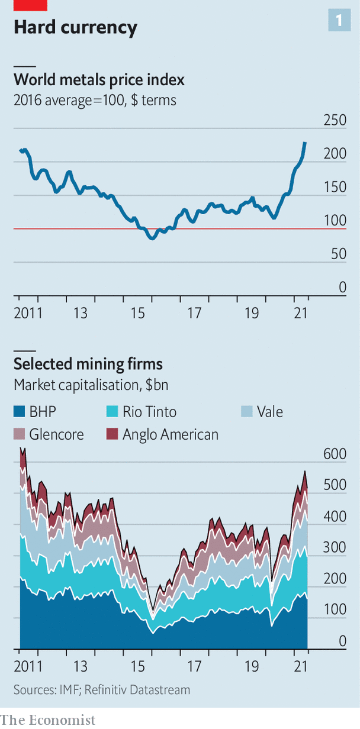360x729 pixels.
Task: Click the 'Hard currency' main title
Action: (75, 27)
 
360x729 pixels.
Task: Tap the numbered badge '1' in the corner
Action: (339, 21)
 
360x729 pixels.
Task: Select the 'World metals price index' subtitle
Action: (99, 80)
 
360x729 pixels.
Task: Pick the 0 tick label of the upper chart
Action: (342, 288)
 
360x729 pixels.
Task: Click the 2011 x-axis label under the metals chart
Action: (28, 312)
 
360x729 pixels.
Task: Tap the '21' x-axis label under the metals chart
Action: (300, 312)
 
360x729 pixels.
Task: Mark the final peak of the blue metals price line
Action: (305, 143)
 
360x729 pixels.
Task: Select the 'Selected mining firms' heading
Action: (88, 363)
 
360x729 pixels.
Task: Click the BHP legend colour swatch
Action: (20, 412)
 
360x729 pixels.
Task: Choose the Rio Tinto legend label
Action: (149, 412)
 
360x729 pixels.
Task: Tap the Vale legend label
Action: (269, 412)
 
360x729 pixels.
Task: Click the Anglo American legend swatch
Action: (112, 434)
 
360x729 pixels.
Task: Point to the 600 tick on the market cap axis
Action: (334, 454)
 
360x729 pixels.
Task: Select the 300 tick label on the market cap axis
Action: (334, 548)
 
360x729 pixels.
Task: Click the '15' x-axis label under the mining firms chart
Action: (137, 666)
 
